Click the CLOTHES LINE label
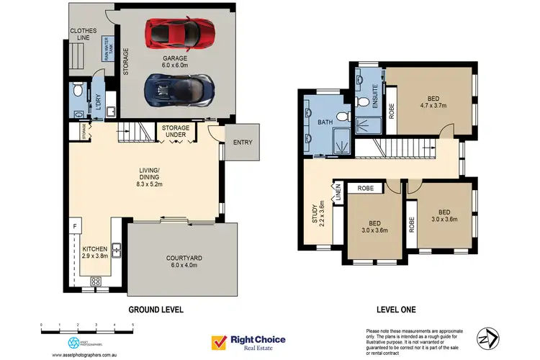tap(84, 35)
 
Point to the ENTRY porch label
tap(243, 142)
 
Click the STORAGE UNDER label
tap(176, 132)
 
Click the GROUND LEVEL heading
tap(156, 310)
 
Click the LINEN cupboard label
tap(336, 193)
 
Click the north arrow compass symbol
tap(489, 337)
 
